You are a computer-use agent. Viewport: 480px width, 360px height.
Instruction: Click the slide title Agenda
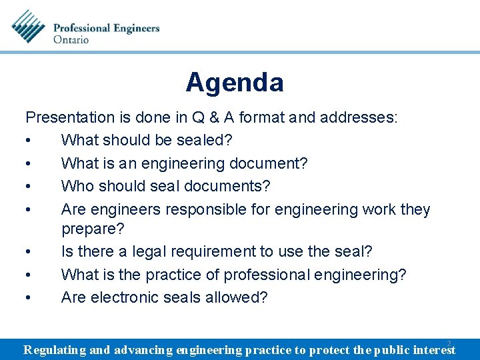pyautogui.click(x=235, y=83)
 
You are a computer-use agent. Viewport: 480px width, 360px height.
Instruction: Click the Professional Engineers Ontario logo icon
pyautogui.click(x=29, y=27)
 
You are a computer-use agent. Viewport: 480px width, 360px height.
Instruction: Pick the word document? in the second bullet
pyautogui.click(x=271, y=163)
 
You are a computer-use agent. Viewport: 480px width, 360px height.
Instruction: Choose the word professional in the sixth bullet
pyautogui.click(x=272, y=275)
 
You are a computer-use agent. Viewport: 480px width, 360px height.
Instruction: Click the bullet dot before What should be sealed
pyautogui.click(x=29, y=141)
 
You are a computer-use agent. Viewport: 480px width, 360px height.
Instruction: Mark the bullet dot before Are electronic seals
pyautogui.click(x=29, y=298)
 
